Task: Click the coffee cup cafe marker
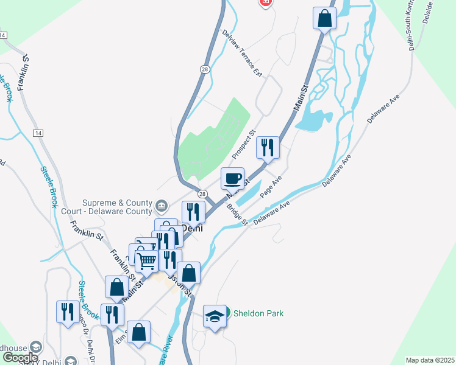232,179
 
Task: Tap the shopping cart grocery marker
146,262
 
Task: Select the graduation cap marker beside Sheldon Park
214,316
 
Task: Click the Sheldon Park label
258,313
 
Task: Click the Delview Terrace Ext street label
242,54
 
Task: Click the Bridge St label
237,214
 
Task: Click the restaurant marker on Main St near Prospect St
267,147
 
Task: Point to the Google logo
20,358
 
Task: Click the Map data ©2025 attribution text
430,360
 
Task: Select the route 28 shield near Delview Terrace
204,70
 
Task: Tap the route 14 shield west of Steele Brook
38,133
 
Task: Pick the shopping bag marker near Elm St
140,332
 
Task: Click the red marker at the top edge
265,3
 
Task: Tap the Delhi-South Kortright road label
413,27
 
